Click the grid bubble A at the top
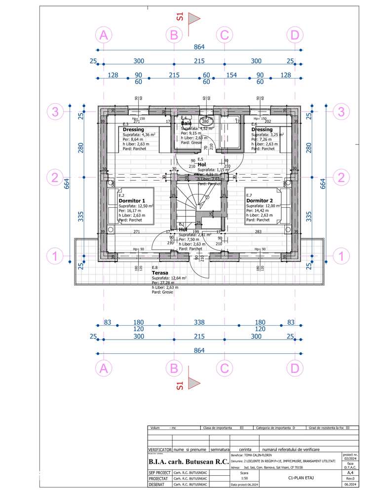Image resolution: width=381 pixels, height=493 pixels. tap(103, 35)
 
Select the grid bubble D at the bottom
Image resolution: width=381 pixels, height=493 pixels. tap(295, 368)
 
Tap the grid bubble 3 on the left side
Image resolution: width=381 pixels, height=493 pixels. tap(55, 112)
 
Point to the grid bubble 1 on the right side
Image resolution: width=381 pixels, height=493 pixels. tap(340, 256)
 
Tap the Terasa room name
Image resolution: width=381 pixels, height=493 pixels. tap(160, 272)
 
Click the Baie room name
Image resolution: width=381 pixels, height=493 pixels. tap(186, 123)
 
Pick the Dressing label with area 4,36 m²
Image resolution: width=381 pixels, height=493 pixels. tap(133, 129)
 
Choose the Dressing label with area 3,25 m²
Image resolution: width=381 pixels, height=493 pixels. tap(262, 129)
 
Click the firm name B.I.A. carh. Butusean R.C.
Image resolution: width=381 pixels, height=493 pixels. tap(187, 462)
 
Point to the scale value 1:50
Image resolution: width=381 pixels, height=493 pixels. tap(244, 478)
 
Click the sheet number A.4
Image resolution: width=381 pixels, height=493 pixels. tap(349, 473)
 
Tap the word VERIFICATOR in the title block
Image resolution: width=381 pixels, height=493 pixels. tap(159, 450)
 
